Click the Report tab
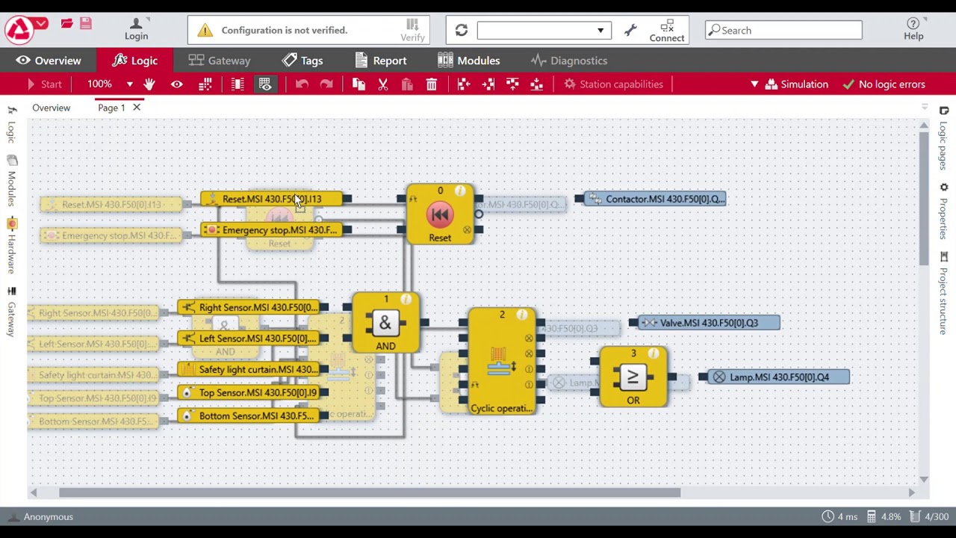[x=381, y=61]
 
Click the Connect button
[x=666, y=31]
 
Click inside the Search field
[x=788, y=31]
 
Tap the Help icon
[x=913, y=29]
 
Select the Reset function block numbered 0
[x=440, y=215]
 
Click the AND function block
[x=385, y=324]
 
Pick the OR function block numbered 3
[x=633, y=377]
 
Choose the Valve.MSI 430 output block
[x=707, y=323]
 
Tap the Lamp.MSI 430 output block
[x=777, y=377]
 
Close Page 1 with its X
[x=137, y=108]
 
